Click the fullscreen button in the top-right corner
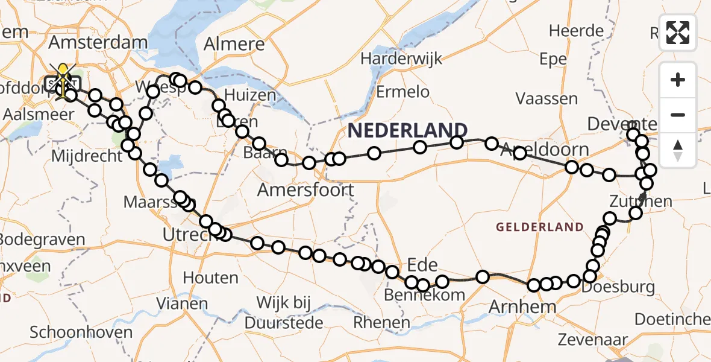(678, 33)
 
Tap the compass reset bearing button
(678, 150)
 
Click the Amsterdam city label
(98, 43)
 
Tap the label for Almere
(234, 44)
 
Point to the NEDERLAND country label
(407, 130)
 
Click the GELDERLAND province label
(539, 227)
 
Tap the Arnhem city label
(514, 306)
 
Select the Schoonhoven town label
(81, 332)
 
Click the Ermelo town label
(403, 92)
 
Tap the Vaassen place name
(547, 98)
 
